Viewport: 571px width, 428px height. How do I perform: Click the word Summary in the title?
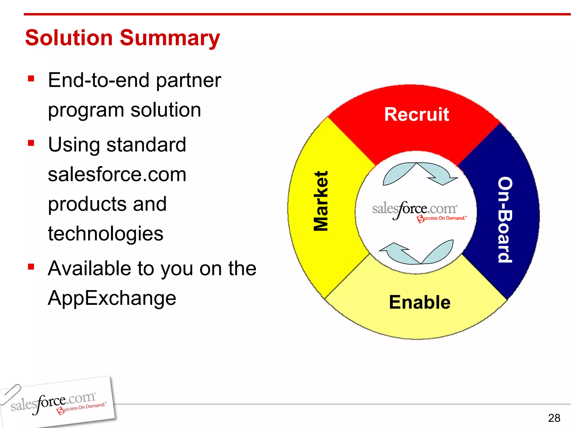point(170,38)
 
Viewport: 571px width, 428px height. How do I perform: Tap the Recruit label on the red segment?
point(417,115)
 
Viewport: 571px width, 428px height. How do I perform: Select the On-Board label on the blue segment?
point(505,220)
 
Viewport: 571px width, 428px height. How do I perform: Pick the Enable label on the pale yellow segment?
point(420,302)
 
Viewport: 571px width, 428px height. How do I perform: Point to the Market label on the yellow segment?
point(321,201)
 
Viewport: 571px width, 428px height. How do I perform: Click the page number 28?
point(554,418)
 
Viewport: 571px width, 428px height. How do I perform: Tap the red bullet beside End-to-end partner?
point(31,79)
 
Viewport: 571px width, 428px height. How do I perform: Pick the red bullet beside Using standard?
point(31,143)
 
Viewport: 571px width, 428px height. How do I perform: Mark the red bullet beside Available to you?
point(31,267)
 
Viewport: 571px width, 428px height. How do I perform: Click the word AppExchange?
point(112,298)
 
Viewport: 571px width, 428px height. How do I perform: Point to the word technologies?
point(105,234)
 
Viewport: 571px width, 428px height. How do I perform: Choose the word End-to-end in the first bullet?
point(99,80)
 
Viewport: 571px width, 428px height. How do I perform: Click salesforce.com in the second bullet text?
point(117,174)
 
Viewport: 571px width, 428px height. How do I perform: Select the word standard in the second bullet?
point(146,145)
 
